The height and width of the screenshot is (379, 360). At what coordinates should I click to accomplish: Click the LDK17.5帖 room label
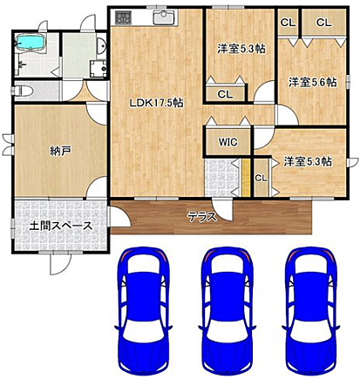click(x=155, y=103)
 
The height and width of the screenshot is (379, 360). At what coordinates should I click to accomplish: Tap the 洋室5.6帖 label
click(x=313, y=83)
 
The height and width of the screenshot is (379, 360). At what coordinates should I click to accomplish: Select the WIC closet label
click(x=228, y=140)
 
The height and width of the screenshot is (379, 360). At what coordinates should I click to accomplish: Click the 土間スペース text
click(x=61, y=225)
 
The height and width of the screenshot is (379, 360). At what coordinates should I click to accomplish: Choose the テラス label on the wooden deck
click(x=202, y=216)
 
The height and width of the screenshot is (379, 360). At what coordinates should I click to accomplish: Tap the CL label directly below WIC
click(x=260, y=178)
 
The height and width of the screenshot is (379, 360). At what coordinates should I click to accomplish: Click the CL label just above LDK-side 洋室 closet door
click(x=225, y=94)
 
